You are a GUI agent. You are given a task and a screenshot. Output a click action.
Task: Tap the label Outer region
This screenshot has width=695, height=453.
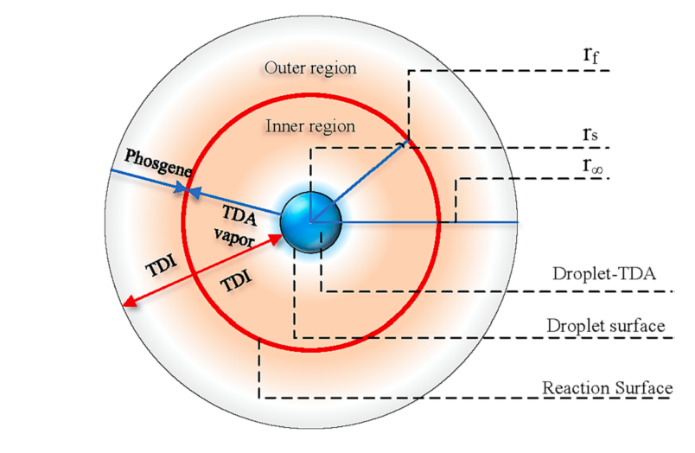click(310, 67)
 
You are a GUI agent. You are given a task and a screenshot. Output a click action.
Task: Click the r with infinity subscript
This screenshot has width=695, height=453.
click(594, 167)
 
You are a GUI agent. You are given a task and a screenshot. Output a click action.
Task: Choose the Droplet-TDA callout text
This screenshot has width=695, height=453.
click(604, 275)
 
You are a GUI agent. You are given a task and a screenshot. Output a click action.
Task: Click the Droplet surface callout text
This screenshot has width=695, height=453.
click(605, 326)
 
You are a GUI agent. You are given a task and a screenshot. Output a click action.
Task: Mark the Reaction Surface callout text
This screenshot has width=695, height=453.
click(607, 387)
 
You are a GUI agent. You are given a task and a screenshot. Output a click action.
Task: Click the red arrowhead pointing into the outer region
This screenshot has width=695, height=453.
click(128, 302)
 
